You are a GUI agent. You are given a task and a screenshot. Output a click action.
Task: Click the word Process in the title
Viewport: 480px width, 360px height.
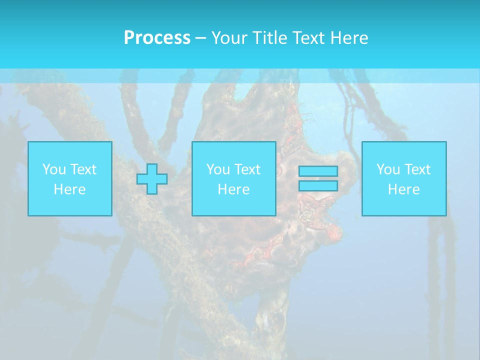coord(157,38)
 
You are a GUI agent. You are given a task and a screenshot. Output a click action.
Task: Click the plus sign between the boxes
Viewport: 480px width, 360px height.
coord(152,179)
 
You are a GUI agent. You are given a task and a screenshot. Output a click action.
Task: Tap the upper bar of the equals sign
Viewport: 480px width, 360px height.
coord(318,171)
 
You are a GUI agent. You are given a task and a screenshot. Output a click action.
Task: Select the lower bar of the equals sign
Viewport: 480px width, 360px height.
coord(318,185)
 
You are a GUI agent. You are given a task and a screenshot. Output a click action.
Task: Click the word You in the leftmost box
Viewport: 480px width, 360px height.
coord(53,169)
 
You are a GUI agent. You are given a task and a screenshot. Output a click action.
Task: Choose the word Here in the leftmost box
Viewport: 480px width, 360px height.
coord(69,189)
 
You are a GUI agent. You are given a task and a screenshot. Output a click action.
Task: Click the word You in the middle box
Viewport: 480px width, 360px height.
coord(217,169)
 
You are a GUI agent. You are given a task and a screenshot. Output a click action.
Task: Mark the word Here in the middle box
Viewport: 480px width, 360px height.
coord(233,189)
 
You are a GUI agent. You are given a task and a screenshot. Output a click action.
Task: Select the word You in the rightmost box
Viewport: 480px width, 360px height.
coord(387,169)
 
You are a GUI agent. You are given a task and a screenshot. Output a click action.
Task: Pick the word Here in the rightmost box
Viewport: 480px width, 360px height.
coord(403,189)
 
